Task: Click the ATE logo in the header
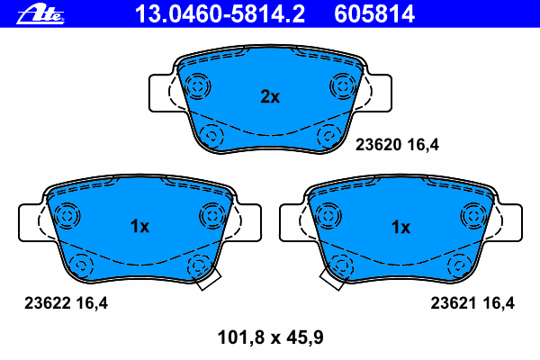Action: pos(40,15)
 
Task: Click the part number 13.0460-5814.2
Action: pos(220,13)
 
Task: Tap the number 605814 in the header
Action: pos(374,13)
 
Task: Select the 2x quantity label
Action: pos(270,97)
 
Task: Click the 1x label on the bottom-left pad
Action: pos(139,226)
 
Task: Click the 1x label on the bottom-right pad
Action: pos(400,227)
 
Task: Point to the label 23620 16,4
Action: pos(397,145)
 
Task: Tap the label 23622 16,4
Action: pos(66,303)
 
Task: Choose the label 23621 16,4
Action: pos(472,303)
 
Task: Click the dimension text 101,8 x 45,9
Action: pos(271,337)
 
